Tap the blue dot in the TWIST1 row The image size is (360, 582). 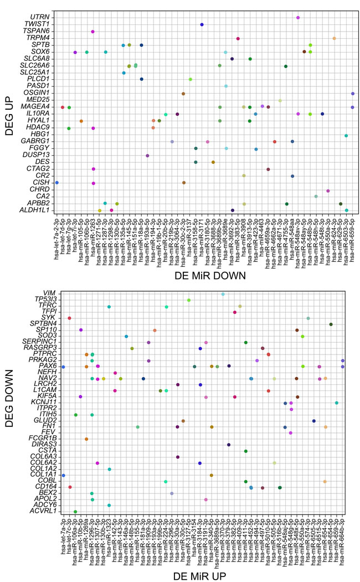pos(202,25)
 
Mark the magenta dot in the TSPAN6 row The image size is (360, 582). pos(93,32)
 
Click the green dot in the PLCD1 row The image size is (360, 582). pos(190,79)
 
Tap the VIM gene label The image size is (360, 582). pos(45,294)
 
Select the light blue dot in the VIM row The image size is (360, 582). pos(223,294)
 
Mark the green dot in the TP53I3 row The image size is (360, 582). pos(189,300)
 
